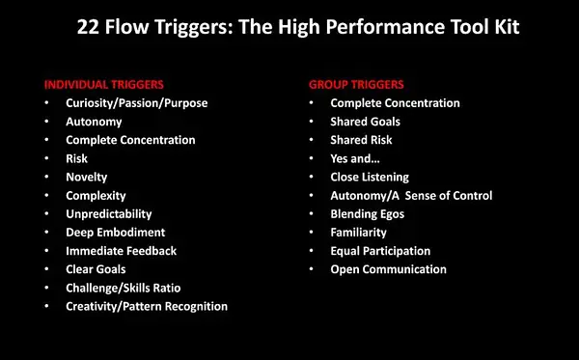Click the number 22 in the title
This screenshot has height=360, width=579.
(88, 27)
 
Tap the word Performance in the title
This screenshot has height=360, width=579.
(385, 27)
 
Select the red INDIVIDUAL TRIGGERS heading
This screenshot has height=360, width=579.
(104, 85)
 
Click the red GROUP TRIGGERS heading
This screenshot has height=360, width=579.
(356, 85)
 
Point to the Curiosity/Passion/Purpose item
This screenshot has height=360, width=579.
(137, 103)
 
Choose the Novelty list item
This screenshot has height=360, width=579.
(87, 178)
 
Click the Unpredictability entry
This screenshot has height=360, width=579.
(109, 214)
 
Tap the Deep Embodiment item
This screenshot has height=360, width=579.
(116, 233)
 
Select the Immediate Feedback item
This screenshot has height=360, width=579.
(122, 251)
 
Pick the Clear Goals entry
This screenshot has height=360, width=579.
(96, 269)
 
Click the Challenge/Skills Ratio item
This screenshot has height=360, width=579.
(124, 288)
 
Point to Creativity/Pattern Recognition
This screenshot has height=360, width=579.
(147, 307)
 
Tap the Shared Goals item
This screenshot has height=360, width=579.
(365, 122)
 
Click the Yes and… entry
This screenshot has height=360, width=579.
(355, 159)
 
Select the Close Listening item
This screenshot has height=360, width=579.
(370, 178)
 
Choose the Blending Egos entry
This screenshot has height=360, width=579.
(368, 214)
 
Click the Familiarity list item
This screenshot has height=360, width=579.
(359, 233)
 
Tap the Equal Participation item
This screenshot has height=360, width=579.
(380, 251)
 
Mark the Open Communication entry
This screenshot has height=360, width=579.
(389, 269)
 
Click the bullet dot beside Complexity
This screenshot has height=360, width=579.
(46, 195)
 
